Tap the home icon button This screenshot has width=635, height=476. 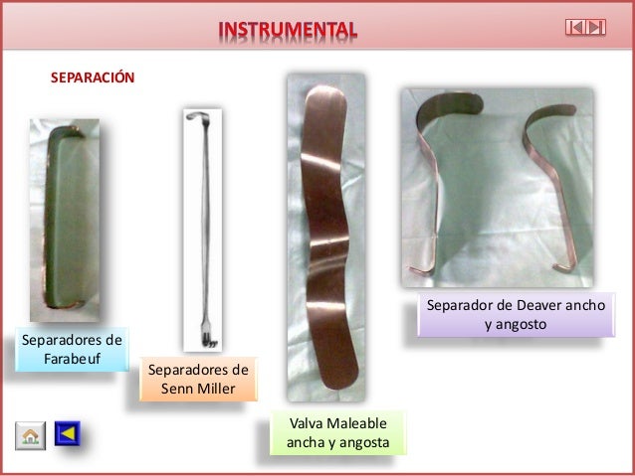click(30, 434)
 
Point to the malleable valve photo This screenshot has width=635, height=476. click(324, 238)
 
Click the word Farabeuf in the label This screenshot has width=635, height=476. click(72, 357)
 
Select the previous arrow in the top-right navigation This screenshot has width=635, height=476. click(575, 27)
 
